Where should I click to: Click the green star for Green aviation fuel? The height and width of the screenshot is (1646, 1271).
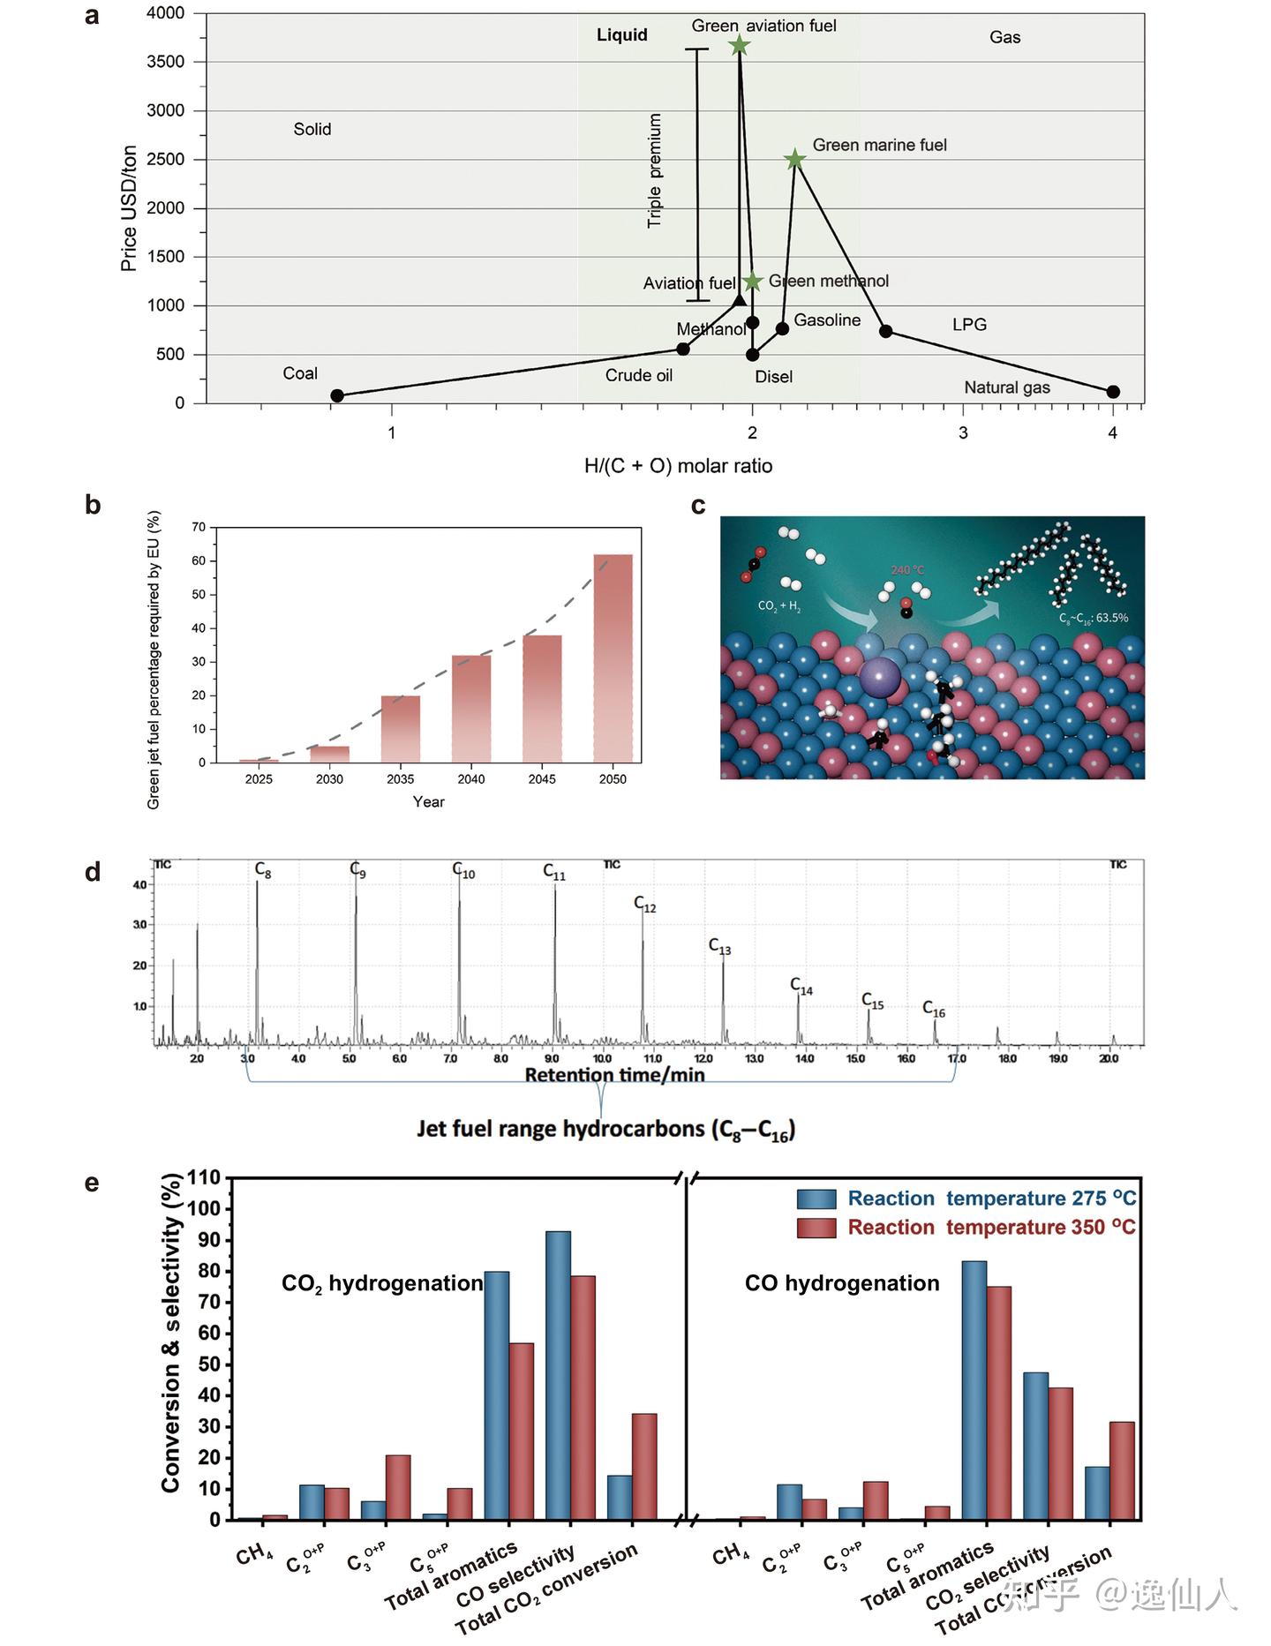click(740, 46)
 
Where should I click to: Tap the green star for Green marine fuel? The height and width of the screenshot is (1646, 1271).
click(795, 159)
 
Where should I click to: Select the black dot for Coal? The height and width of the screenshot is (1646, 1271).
click(336, 395)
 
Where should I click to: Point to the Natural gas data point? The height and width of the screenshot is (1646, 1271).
click(1113, 392)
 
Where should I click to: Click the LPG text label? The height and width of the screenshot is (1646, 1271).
click(969, 325)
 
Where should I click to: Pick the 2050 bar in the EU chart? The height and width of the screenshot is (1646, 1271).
click(613, 658)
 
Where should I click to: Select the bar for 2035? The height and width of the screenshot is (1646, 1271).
click(401, 729)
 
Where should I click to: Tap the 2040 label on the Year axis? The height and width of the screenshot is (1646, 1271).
click(471, 779)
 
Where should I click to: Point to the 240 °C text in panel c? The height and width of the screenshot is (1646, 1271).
click(907, 570)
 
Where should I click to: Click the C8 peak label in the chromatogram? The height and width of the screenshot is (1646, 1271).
click(263, 870)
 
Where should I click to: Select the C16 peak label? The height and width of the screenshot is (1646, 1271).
click(934, 1009)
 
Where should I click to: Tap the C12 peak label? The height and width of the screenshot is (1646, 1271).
click(645, 904)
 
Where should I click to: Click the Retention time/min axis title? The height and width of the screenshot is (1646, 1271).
click(614, 1075)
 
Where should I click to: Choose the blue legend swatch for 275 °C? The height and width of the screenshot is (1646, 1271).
click(816, 1199)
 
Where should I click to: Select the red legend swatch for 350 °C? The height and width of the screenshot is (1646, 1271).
click(816, 1228)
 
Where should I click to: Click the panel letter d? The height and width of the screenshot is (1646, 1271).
click(93, 872)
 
